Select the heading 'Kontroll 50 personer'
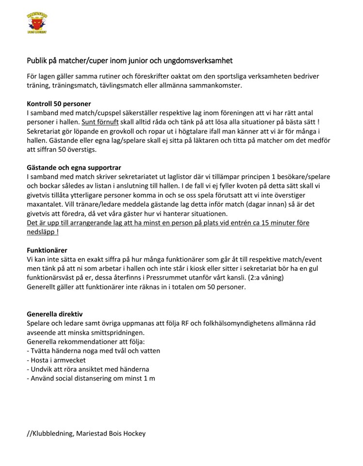click(x=59, y=103)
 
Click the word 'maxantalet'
click(x=46, y=205)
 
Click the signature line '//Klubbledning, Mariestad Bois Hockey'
click(x=86, y=433)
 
